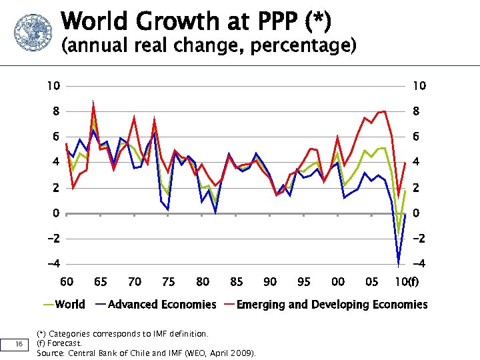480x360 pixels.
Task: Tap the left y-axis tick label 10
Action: (53, 86)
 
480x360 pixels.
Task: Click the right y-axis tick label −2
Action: (419, 239)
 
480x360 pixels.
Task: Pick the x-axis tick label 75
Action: (169, 282)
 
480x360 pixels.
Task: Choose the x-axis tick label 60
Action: (67, 282)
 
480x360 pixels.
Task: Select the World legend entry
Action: (64, 305)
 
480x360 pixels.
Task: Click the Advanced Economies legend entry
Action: (155, 305)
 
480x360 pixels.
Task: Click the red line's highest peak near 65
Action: (93, 103)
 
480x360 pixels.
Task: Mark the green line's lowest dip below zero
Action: (399, 233)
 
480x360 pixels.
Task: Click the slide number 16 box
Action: (19, 343)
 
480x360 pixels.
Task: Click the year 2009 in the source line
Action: (241, 353)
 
